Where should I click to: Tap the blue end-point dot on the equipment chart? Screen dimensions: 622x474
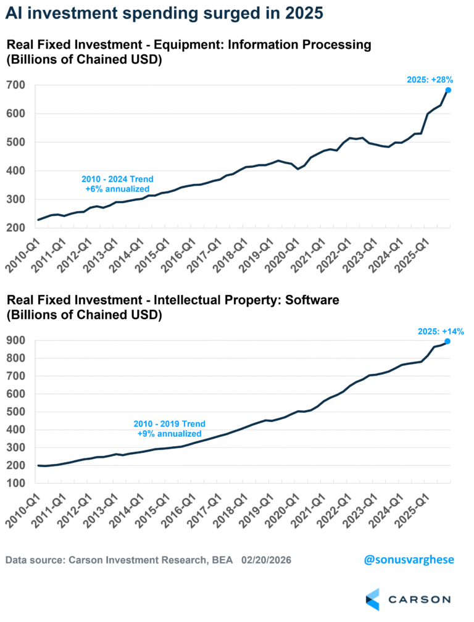point(448,90)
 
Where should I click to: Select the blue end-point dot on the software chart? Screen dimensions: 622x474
point(447,341)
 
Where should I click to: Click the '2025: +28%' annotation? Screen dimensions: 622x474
point(430,79)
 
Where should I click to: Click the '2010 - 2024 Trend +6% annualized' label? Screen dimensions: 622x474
point(117,183)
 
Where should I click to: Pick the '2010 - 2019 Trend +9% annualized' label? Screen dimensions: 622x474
point(170,429)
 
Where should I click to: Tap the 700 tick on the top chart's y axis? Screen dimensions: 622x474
point(16,85)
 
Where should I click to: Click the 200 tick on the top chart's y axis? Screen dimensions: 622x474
point(16,228)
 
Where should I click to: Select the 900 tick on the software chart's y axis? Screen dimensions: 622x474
point(16,340)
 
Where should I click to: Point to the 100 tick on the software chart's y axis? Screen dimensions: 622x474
point(16,483)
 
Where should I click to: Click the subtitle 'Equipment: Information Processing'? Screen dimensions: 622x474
point(259,44)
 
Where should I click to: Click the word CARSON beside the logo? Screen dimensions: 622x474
point(420,599)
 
